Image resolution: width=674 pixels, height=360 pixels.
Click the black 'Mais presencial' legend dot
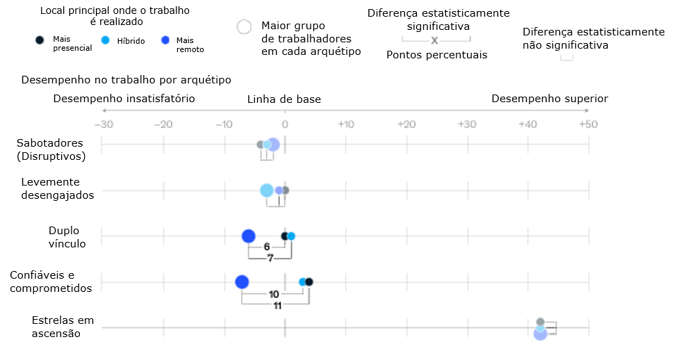40,41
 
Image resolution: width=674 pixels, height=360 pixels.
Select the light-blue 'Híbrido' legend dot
106,41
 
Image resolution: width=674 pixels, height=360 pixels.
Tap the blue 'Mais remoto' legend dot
165,41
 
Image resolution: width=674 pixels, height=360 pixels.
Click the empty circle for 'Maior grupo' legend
244,27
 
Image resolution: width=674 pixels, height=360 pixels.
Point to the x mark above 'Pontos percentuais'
435,41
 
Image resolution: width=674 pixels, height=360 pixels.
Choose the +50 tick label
588,124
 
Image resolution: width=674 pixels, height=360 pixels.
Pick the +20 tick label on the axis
406,124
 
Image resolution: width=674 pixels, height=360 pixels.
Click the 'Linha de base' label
284,99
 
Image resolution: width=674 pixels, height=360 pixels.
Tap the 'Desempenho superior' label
550,99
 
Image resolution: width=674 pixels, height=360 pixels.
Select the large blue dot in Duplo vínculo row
249,236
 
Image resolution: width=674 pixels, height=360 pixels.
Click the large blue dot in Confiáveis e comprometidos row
242,281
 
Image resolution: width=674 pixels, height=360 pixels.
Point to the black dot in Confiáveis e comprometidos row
309,281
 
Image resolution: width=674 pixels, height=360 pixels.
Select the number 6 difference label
267,247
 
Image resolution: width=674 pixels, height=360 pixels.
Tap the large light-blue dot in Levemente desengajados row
267,190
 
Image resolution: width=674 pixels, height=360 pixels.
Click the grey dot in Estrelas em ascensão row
541,322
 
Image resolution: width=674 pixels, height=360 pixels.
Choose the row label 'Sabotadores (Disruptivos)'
50,149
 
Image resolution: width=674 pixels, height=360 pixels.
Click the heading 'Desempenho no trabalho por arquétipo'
126,80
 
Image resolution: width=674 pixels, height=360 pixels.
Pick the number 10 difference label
274,294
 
